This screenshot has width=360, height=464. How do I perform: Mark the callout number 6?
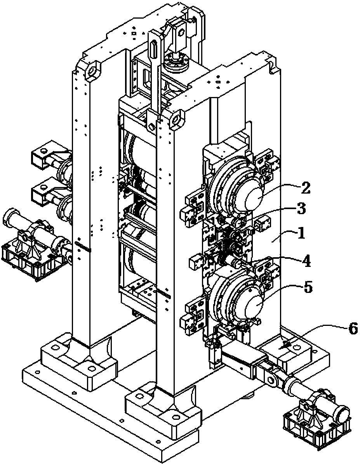pyautogui.click(x=351, y=329)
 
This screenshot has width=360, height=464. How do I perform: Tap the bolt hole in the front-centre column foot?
pyautogui.click(x=176, y=417)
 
